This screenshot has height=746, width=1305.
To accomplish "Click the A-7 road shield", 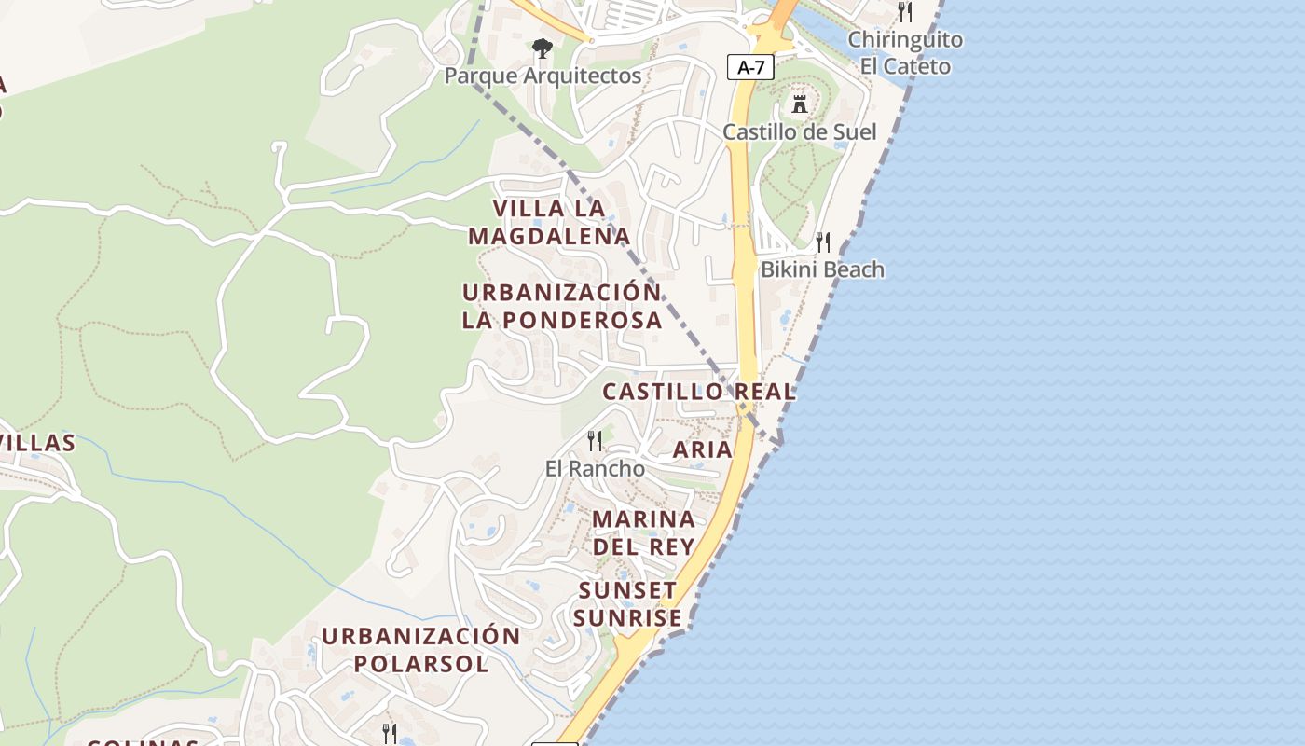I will pyautogui.click(x=750, y=66).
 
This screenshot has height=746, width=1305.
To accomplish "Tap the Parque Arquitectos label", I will pyautogui.click(x=543, y=76).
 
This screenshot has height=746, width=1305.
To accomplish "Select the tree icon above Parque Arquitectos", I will pyautogui.click(x=542, y=48).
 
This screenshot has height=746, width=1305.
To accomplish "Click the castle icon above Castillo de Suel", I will pyautogui.click(x=799, y=104).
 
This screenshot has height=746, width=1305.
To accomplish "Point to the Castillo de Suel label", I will pyautogui.click(x=800, y=131).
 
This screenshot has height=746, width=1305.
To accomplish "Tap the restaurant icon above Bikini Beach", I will pyautogui.click(x=823, y=242).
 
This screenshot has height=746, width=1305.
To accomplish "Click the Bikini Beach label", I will pyautogui.click(x=822, y=269).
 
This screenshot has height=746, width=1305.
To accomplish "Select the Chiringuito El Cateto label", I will pyautogui.click(x=905, y=53).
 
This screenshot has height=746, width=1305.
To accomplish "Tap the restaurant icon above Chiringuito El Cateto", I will pyautogui.click(x=905, y=12).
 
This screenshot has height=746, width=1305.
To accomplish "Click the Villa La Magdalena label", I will pyautogui.click(x=549, y=222).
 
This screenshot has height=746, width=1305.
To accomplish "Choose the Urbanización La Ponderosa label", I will pyautogui.click(x=562, y=306).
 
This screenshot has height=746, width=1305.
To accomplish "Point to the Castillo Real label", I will pyautogui.click(x=699, y=392).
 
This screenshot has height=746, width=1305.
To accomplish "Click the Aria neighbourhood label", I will pyautogui.click(x=703, y=449).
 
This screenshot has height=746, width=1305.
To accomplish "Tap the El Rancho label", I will pyautogui.click(x=595, y=468).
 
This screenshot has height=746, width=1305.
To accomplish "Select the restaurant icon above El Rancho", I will pyautogui.click(x=594, y=439).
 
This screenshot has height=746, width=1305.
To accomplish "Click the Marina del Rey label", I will pyautogui.click(x=644, y=532).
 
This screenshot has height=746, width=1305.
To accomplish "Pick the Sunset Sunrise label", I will pyautogui.click(x=627, y=604).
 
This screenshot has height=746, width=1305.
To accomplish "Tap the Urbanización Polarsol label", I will pyautogui.click(x=421, y=650).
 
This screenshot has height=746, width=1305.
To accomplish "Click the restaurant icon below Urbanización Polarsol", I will pyautogui.click(x=390, y=733).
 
